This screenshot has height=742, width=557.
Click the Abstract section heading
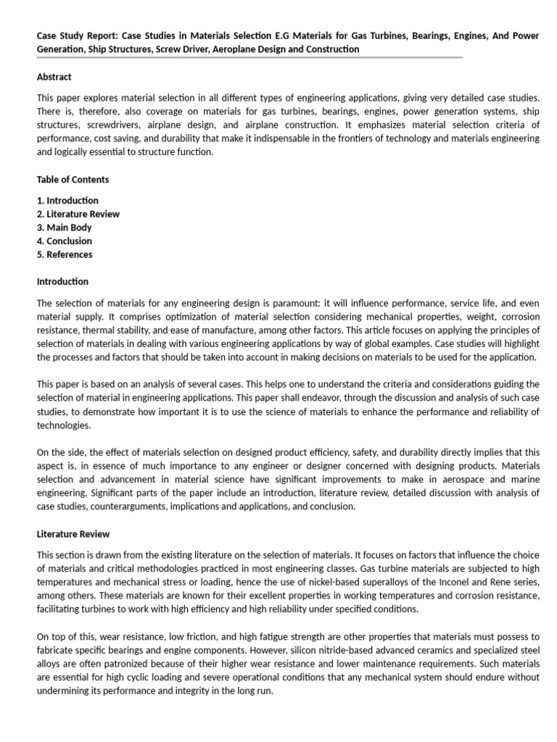[54, 77]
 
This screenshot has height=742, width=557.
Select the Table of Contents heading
[73, 179]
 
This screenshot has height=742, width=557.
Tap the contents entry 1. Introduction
[67, 200]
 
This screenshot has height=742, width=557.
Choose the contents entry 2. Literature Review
[78, 214]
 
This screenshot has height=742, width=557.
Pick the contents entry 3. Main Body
[65, 228]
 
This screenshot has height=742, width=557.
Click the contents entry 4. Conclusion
[65, 241]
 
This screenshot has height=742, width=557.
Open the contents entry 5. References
[65, 254]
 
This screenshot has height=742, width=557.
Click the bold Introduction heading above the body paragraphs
[62, 281]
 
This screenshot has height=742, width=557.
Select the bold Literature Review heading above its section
[73, 534]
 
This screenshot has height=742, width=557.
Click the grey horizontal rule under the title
[249, 59]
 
